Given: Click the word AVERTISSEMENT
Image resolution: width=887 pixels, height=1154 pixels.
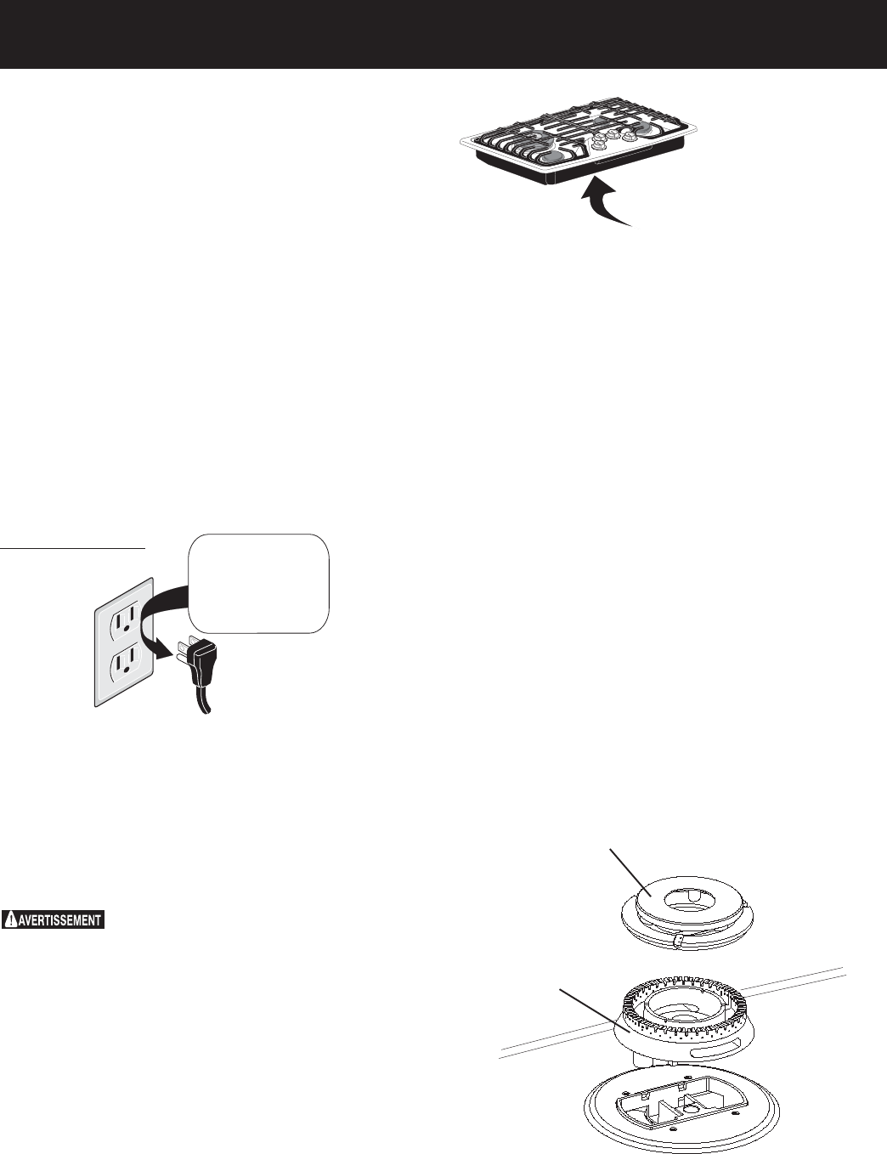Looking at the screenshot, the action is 60,919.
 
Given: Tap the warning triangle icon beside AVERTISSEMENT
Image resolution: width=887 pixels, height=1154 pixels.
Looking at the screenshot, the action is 10,919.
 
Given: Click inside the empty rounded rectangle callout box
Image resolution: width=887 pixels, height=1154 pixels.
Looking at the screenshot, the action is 257,583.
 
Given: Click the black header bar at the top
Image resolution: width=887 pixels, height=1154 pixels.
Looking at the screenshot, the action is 443,34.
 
